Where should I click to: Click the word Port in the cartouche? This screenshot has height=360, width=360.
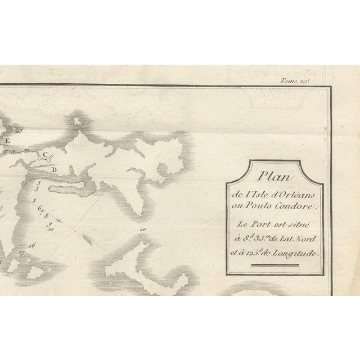click(x=260, y=223)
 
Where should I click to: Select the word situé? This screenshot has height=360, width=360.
click(x=300, y=223)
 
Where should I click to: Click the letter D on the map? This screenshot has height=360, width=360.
click(x=54, y=169)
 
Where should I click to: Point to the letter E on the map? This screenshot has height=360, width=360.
click(x=7, y=141)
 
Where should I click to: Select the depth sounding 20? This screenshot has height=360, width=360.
click(x=143, y=229)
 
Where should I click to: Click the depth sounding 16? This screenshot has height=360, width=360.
click(x=31, y=245)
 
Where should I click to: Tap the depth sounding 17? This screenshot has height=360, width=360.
click(x=21, y=254)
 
